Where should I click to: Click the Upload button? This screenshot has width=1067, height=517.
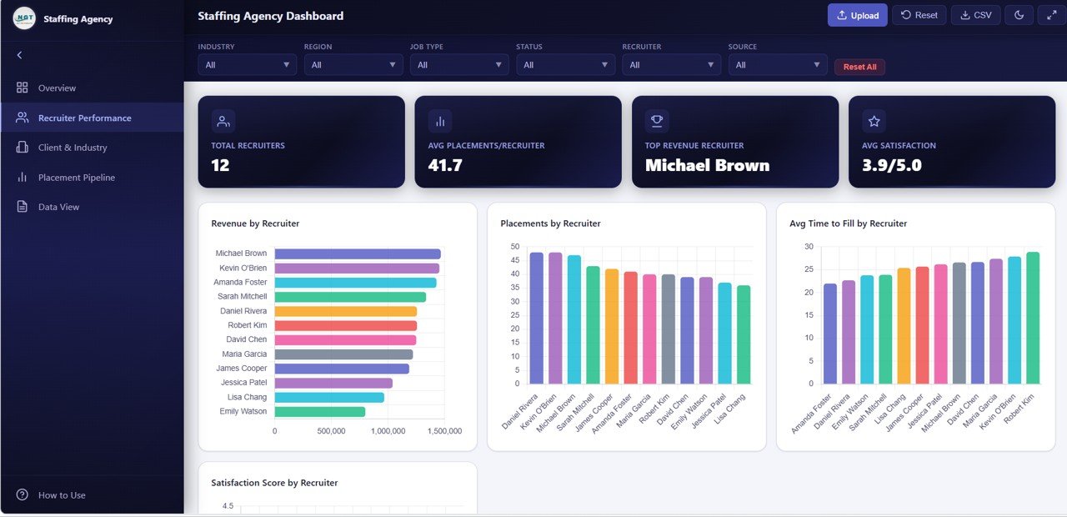click(857, 15)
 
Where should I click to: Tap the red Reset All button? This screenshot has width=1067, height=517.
click(859, 67)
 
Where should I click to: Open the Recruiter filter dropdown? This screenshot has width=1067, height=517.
click(671, 65)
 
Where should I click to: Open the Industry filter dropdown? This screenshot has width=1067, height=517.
click(247, 65)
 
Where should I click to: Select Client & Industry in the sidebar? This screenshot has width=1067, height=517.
click(73, 148)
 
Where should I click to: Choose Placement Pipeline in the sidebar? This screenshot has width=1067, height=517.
click(76, 178)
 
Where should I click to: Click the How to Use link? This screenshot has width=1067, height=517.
click(62, 495)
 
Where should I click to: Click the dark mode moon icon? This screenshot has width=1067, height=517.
click(1019, 15)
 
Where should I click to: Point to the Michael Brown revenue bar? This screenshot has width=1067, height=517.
click(357, 253)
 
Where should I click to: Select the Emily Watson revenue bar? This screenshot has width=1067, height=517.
click(319, 412)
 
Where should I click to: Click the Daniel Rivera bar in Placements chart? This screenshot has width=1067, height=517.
click(536, 318)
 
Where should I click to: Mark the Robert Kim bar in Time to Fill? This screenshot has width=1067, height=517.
click(1033, 318)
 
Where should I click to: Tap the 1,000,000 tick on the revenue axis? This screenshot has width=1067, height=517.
click(388, 431)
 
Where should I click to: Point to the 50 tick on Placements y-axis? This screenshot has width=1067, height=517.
click(514, 247)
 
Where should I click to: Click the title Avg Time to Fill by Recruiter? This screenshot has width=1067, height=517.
click(848, 223)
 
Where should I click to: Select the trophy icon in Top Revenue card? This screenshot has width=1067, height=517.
click(657, 122)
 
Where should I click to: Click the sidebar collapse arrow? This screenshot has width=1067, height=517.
click(19, 55)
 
